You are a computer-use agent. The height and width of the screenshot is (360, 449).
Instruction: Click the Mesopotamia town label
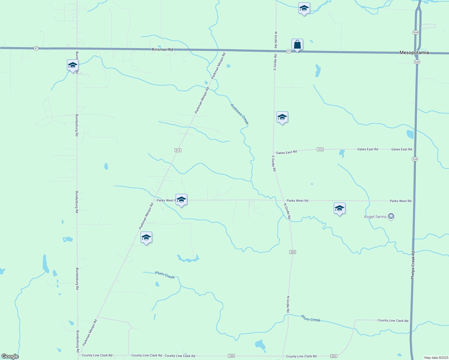click(x=414, y=52)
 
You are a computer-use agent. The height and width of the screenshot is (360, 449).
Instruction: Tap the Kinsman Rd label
click(x=162, y=49)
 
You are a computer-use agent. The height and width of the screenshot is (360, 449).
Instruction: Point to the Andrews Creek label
click(x=239, y=114)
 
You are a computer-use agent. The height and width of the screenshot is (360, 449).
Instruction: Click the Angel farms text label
click(x=375, y=217)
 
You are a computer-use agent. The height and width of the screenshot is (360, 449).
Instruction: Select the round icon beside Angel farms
click(x=391, y=216)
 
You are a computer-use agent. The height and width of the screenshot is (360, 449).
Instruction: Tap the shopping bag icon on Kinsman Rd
click(x=297, y=45)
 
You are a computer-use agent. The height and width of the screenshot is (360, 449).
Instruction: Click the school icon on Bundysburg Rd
click(x=73, y=65)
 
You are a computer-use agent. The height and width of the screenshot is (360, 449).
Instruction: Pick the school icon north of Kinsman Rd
click(x=304, y=8)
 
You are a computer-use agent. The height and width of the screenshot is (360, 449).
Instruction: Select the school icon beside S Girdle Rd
click(x=282, y=117)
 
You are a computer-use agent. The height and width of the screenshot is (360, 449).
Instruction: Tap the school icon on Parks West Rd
click(x=181, y=199)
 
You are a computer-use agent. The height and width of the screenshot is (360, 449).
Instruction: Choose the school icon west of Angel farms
click(x=339, y=208)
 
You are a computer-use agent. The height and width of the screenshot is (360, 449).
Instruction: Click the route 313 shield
click(x=178, y=150)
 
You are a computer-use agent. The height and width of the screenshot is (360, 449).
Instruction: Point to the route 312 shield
click(x=320, y=149)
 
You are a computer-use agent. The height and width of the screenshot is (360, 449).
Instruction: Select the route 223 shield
click(x=293, y=252)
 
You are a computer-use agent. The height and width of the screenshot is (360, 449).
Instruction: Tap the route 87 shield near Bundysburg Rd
click(x=36, y=48)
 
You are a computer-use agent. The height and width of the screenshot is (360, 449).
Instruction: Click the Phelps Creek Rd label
click(x=413, y=265)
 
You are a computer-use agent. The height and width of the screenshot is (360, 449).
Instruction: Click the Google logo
click(x=10, y=356)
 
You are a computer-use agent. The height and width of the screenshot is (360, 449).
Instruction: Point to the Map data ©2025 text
click(x=436, y=358)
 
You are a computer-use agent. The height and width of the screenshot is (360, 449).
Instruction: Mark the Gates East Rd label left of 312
click(x=286, y=152)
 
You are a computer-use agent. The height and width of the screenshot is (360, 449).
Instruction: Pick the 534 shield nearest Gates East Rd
click(x=415, y=159)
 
